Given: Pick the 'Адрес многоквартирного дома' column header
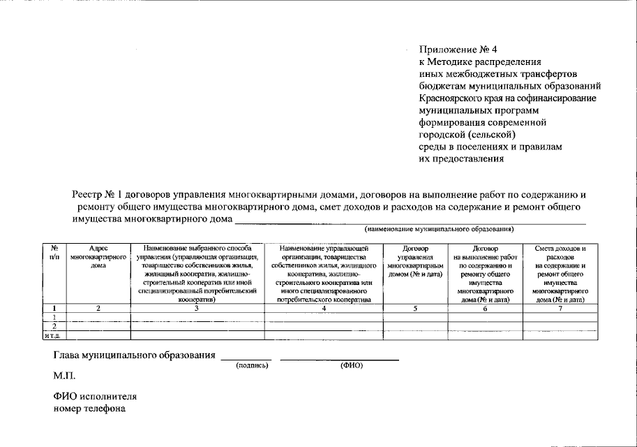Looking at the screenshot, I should (x=98, y=257).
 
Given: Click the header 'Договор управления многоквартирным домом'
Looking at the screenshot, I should (x=415, y=261).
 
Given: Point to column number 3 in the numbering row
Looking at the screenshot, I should (x=197, y=308).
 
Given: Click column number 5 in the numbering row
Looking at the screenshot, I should (x=415, y=308).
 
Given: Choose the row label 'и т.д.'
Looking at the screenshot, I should (x=54, y=336).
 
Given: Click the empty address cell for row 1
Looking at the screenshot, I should (x=98, y=317).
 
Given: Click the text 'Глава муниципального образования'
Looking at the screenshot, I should (x=134, y=356).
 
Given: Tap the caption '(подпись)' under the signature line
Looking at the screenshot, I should (x=252, y=365).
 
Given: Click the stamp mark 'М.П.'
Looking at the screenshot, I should (x=65, y=376).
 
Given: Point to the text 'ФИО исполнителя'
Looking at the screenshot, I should (x=95, y=396).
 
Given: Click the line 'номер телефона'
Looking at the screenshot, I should (x=90, y=409).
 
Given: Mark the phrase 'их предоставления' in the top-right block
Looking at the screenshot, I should (x=460, y=159).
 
